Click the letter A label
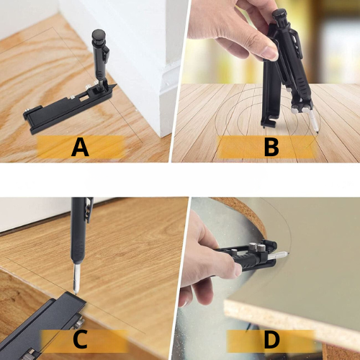click(80, 147)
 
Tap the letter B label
click(271, 147)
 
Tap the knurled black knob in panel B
click(279, 15)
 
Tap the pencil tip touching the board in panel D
click(287, 253)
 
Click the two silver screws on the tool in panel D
click(256, 248)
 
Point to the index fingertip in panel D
click(237, 269)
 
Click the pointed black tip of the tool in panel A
click(114, 86)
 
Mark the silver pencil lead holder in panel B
click(314, 121)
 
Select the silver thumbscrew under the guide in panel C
click(79, 324)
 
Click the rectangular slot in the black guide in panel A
click(84, 99)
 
